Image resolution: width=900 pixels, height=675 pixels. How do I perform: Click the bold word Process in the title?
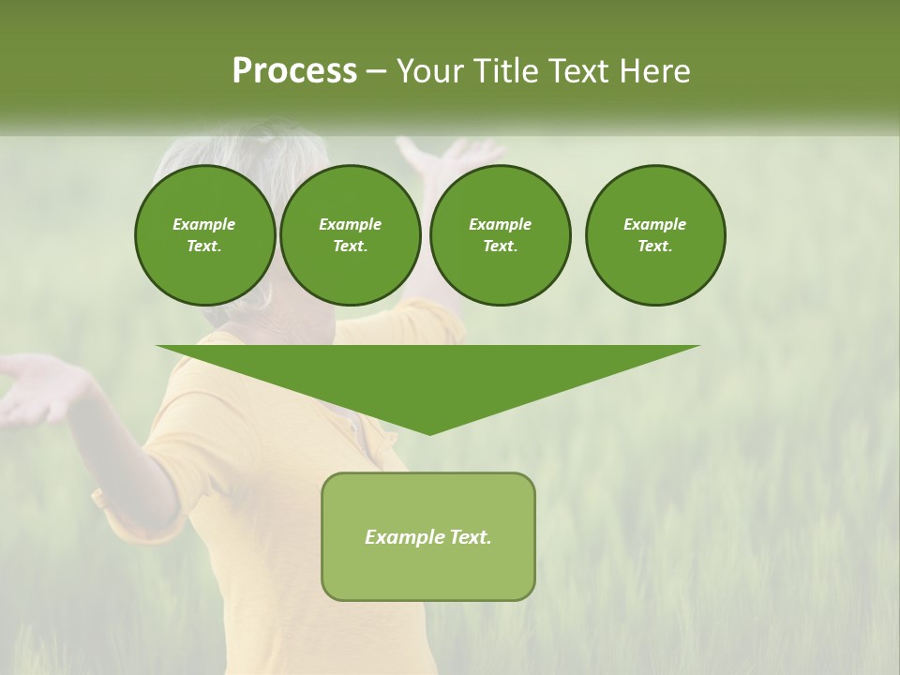[x=294, y=71]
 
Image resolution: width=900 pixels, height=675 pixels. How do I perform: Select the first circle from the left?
[x=204, y=235]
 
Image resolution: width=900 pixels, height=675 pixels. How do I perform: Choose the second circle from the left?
[x=350, y=235]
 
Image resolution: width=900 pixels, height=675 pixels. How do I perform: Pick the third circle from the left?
[x=500, y=235]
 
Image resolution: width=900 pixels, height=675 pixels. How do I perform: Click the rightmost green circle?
[x=654, y=235]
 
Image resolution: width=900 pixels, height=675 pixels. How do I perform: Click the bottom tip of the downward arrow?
[x=429, y=432]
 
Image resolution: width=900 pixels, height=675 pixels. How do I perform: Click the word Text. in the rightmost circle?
[x=654, y=247]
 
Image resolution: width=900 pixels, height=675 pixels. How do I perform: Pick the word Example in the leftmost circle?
[x=204, y=224]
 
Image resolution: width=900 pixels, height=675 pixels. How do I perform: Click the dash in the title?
[x=377, y=71]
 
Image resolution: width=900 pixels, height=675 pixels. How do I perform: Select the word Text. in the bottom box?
[x=472, y=537]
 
